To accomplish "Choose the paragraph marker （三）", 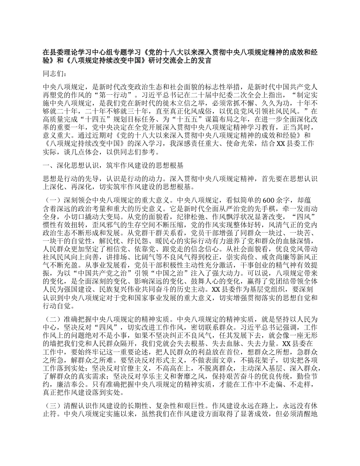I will (52, 404).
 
